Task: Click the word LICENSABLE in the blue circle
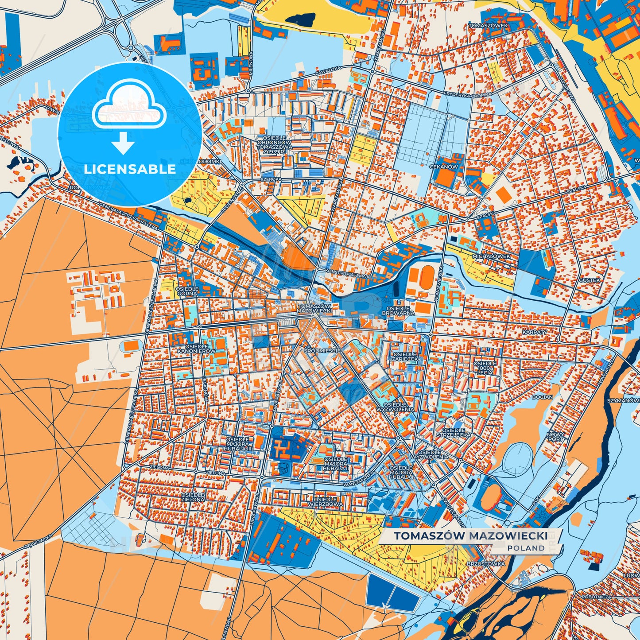click(130, 169)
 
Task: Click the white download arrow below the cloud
click(123, 144)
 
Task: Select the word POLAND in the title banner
click(526, 548)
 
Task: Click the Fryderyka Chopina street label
click(468, 94)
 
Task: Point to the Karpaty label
click(535, 332)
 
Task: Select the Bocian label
click(542, 397)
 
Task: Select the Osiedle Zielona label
click(193, 496)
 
